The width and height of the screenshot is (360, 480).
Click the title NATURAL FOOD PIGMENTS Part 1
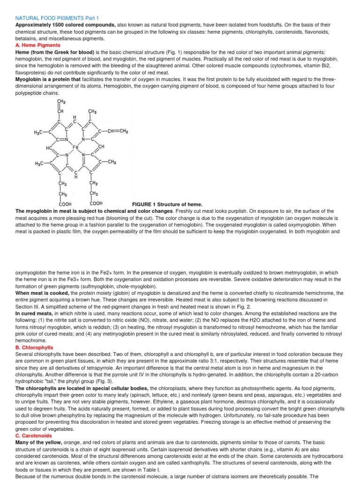click(54, 18)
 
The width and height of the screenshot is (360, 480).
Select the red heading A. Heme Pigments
click(38, 45)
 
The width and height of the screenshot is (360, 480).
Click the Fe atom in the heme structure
click(75, 147)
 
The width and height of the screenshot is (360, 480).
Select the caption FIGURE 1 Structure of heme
click(167, 204)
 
